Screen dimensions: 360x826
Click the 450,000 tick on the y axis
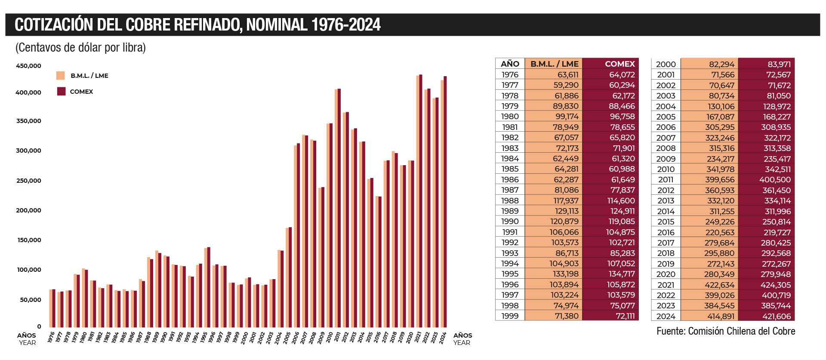(28, 66)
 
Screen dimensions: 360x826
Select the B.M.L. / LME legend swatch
(61, 76)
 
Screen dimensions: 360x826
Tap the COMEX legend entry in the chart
(81, 92)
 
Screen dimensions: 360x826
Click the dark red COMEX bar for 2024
(445, 202)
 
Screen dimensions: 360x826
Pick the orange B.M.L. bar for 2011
(336, 209)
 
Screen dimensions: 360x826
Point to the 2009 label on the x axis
(321, 338)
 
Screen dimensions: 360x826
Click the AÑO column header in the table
(510, 64)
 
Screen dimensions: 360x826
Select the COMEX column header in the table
(619, 64)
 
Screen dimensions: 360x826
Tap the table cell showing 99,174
(567, 117)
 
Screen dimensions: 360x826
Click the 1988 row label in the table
(510, 200)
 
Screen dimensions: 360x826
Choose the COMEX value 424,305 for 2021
(776, 285)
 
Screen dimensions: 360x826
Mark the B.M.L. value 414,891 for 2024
(721, 316)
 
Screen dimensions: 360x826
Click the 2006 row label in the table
(666, 127)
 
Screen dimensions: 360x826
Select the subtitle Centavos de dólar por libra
(80, 47)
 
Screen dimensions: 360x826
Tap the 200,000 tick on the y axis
(28, 210)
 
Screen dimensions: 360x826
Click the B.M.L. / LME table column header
(554, 64)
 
